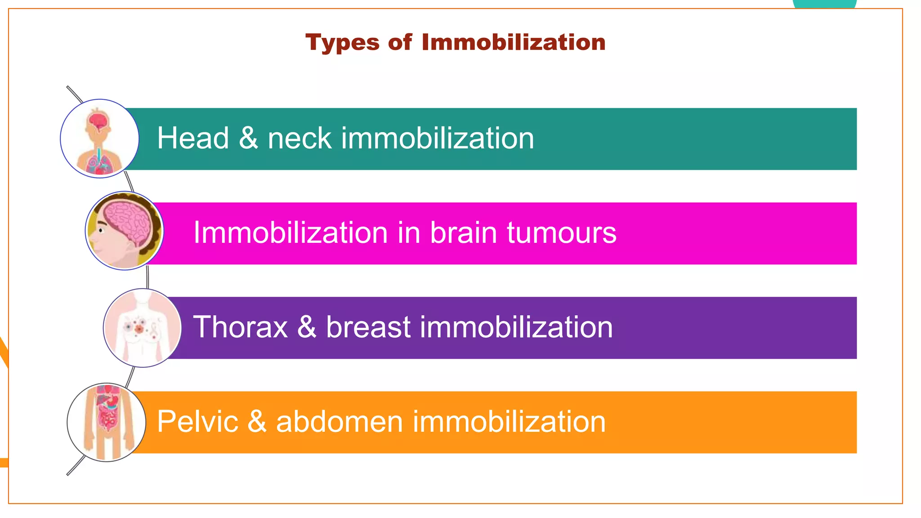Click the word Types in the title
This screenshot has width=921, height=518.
coord(342,43)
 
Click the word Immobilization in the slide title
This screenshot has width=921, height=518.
coord(514,42)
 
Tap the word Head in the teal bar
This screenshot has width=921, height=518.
coord(193,138)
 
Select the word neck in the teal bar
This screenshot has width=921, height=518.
coord(300,138)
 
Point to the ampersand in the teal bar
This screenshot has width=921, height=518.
coord(248,138)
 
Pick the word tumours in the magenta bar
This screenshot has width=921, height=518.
coord(562,233)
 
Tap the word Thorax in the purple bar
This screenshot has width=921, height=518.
coord(241,327)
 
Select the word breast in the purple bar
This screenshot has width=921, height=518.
coord(368,327)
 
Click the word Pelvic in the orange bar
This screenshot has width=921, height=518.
coord(197,422)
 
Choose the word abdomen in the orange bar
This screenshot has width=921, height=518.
coord(340,422)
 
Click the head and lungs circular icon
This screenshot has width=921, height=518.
coord(99,138)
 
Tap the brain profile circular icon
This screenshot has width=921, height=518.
coord(125,231)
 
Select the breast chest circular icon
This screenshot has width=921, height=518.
coord(142,328)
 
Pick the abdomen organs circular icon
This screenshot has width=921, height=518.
coord(107,422)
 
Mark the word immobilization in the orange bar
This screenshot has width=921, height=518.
coord(509,422)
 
